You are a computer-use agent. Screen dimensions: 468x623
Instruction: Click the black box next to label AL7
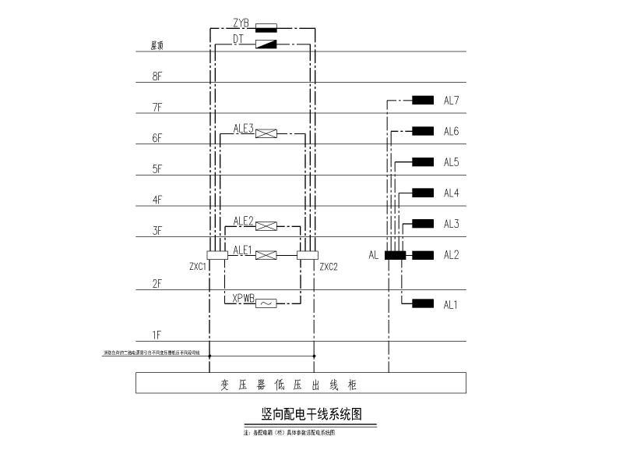423,100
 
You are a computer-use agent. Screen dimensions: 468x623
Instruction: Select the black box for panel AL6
423,131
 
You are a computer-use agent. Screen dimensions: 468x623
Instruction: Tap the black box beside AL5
423,162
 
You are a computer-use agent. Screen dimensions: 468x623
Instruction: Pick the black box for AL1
423,303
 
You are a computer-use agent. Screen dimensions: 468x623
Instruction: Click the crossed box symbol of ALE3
266,133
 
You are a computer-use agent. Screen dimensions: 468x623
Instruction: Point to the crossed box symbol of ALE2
266,226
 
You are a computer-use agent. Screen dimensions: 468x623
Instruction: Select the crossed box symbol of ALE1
266,255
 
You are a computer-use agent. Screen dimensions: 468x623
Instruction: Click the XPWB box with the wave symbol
266,303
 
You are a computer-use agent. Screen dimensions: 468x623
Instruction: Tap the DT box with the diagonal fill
266,44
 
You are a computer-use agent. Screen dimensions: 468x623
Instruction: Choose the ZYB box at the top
266,27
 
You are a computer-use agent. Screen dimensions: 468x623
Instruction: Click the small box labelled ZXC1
216,255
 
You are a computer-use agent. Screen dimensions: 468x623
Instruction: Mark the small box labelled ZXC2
308,255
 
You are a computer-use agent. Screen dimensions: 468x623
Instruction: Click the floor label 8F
157,76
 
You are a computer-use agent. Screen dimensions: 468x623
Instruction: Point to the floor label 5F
157,168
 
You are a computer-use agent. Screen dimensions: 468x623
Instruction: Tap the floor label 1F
157,335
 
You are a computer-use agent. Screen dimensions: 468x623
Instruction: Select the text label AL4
452,193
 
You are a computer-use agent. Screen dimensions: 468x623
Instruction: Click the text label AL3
452,225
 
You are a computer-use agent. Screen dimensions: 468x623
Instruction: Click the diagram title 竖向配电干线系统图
311,414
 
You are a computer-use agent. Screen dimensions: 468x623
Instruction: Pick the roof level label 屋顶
157,46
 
